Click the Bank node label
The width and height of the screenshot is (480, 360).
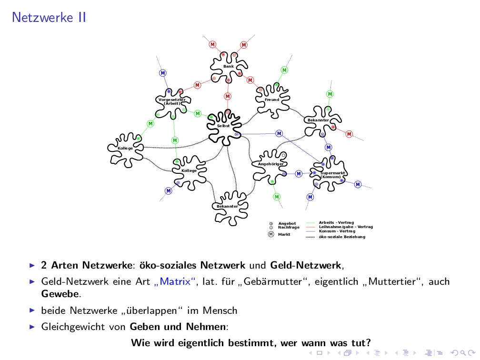(229, 66)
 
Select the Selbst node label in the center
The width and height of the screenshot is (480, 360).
(223, 126)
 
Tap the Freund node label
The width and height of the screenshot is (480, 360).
(272, 100)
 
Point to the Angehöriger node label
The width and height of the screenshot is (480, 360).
(270, 164)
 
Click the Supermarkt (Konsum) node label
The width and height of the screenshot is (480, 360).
(332, 175)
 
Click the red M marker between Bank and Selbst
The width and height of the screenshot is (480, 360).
(228, 96)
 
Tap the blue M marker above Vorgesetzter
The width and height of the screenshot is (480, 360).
(163, 73)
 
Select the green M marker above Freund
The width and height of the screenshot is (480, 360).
(284, 70)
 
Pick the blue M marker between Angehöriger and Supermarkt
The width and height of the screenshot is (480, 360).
(299, 173)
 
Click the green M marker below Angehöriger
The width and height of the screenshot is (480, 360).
(277, 196)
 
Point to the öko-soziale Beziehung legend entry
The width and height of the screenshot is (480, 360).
(341, 237)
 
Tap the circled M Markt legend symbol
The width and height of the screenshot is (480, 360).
(271, 234)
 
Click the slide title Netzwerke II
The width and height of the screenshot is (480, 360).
(49, 18)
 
